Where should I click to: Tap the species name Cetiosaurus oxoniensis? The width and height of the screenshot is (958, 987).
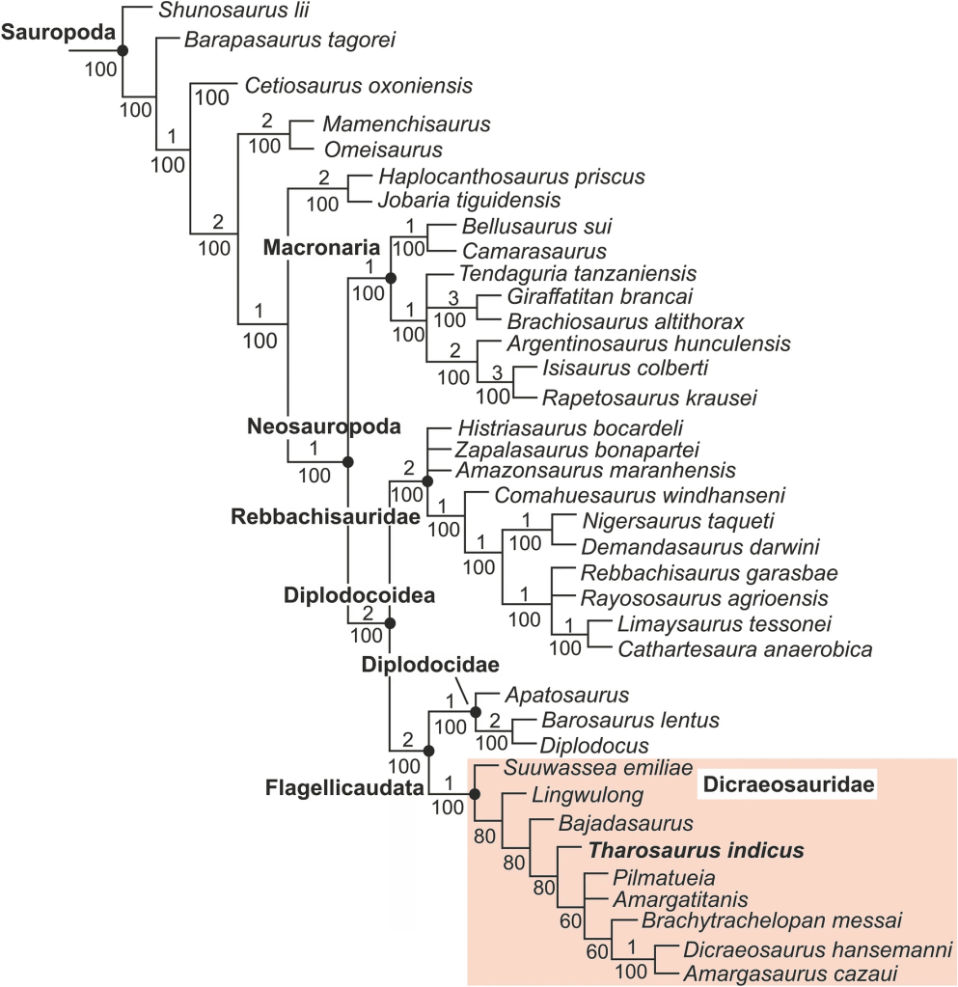click(x=359, y=86)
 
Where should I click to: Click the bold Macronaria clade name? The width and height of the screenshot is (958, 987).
click(x=321, y=248)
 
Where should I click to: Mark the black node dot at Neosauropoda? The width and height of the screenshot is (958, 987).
click(x=348, y=462)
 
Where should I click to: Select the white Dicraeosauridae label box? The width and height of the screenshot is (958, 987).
click(x=786, y=786)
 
